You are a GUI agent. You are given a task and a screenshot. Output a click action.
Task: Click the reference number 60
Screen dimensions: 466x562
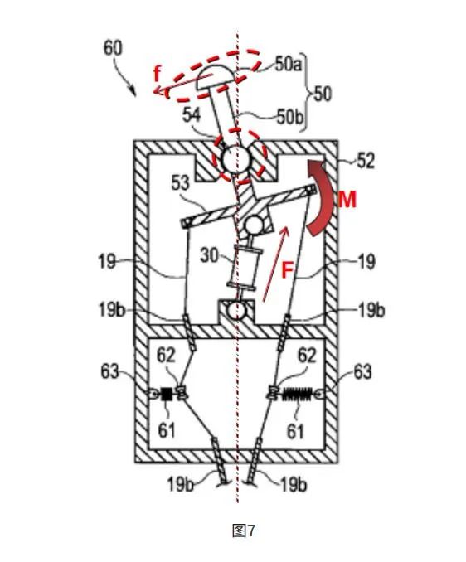pyautogui.click(x=113, y=48)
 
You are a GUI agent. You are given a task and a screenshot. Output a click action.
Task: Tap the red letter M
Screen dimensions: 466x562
pyautogui.click(x=347, y=200)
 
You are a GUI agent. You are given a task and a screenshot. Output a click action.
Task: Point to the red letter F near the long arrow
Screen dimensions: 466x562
pyautogui.click(x=287, y=270)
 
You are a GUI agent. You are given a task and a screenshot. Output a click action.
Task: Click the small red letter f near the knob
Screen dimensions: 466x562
pyautogui.click(x=157, y=75)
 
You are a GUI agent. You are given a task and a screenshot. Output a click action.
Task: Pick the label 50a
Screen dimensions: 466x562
pyautogui.click(x=289, y=65)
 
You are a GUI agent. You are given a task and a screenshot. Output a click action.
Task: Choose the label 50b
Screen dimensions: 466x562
pyautogui.click(x=290, y=117)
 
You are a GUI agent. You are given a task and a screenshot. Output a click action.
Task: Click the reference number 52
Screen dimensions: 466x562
pyautogui.click(x=366, y=162)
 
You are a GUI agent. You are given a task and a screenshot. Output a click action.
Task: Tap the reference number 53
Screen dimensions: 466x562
pyautogui.click(x=180, y=183)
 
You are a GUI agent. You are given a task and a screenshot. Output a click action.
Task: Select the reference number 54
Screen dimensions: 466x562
pyautogui.click(x=192, y=115)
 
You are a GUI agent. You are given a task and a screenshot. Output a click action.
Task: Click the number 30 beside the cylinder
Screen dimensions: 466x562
pyautogui.click(x=209, y=255)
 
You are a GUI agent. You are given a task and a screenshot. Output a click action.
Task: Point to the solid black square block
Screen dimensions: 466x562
pyautogui.click(x=167, y=394)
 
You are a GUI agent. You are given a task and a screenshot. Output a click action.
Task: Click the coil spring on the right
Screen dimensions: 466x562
pyautogui.click(x=298, y=394)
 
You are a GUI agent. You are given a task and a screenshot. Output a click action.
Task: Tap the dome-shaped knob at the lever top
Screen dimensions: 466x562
pyautogui.click(x=216, y=78)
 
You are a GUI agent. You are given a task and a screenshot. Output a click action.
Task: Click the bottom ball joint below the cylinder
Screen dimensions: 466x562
pyautogui.click(x=237, y=310)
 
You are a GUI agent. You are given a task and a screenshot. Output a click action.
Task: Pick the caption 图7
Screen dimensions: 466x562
pyautogui.click(x=244, y=531)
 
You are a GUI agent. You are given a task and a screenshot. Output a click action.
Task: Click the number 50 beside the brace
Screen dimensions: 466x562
pyautogui.click(x=323, y=94)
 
